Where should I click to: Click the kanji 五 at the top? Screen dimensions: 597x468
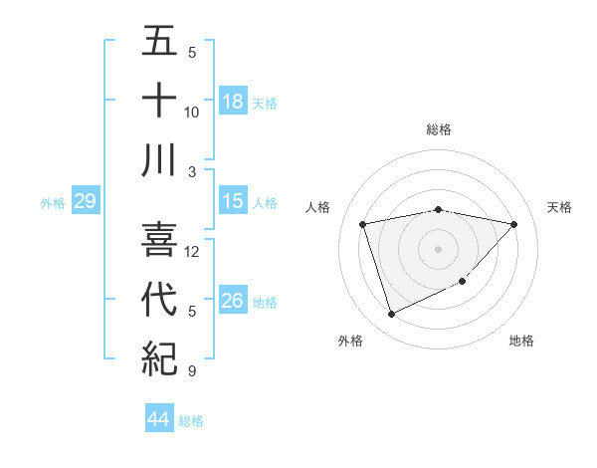pos(159,44)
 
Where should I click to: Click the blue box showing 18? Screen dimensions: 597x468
pos(233,101)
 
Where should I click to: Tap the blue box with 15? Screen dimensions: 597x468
pos(233,201)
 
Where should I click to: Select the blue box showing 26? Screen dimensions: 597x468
pos(233,301)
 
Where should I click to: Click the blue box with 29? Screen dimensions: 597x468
pos(85,201)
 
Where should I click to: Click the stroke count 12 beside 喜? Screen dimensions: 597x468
pos(192,251)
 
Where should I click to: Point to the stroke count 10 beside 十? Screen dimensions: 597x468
pos(192,112)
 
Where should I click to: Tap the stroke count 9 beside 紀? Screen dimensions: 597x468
pos(192,371)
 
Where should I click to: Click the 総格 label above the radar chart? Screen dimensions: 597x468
pos(438,129)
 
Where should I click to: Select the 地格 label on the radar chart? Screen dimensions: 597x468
pos(521,341)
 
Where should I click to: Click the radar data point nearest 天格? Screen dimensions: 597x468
pos(514,224)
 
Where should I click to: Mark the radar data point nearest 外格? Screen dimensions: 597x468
pos(391,315)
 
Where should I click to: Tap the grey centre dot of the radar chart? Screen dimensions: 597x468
pos(438,248)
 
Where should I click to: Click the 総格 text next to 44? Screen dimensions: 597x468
pos(191,421)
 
